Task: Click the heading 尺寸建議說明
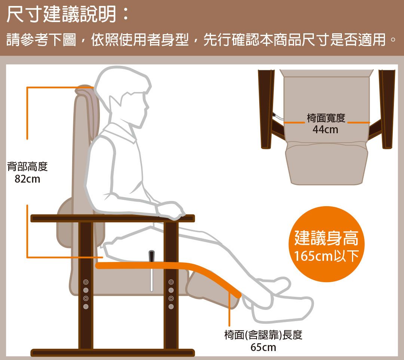62,15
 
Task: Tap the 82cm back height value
27,179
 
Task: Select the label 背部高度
27,166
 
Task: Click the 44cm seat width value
325,129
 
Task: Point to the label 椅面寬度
326,118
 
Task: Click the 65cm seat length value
263,347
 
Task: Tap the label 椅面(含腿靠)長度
263,335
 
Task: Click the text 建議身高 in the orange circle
326,238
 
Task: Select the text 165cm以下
326,256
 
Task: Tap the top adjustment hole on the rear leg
86,282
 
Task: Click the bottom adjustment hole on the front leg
171,306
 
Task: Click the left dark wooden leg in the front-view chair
267,109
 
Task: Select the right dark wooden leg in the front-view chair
386,109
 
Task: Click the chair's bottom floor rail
113,353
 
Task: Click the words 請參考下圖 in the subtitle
41,40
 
